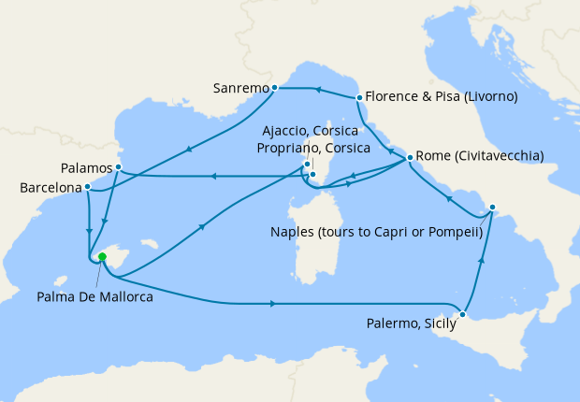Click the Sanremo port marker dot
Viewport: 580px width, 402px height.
(x=274, y=88)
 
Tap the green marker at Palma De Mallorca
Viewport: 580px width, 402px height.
(x=102, y=257)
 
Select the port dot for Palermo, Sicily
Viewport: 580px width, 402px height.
(x=462, y=314)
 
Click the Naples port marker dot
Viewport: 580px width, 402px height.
(x=493, y=208)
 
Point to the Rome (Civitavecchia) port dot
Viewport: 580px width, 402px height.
(x=410, y=157)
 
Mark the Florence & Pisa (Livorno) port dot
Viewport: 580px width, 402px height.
(x=359, y=97)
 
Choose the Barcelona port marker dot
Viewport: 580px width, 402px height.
(x=87, y=187)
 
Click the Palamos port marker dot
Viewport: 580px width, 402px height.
(x=119, y=167)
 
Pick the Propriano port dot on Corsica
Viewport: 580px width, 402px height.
(x=313, y=174)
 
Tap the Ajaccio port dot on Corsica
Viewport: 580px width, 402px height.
(x=307, y=165)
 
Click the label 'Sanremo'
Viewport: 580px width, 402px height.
(x=240, y=89)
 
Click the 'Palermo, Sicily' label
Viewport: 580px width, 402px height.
(x=410, y=324)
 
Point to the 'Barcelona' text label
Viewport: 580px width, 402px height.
(x=49, y=188)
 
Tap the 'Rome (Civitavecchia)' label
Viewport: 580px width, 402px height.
(x=479, y=156)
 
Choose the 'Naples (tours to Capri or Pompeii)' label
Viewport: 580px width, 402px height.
(x=376, y=231)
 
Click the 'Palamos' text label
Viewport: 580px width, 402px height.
(x=84, y=168)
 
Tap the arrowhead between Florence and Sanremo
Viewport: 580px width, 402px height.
(x=317, y=91)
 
